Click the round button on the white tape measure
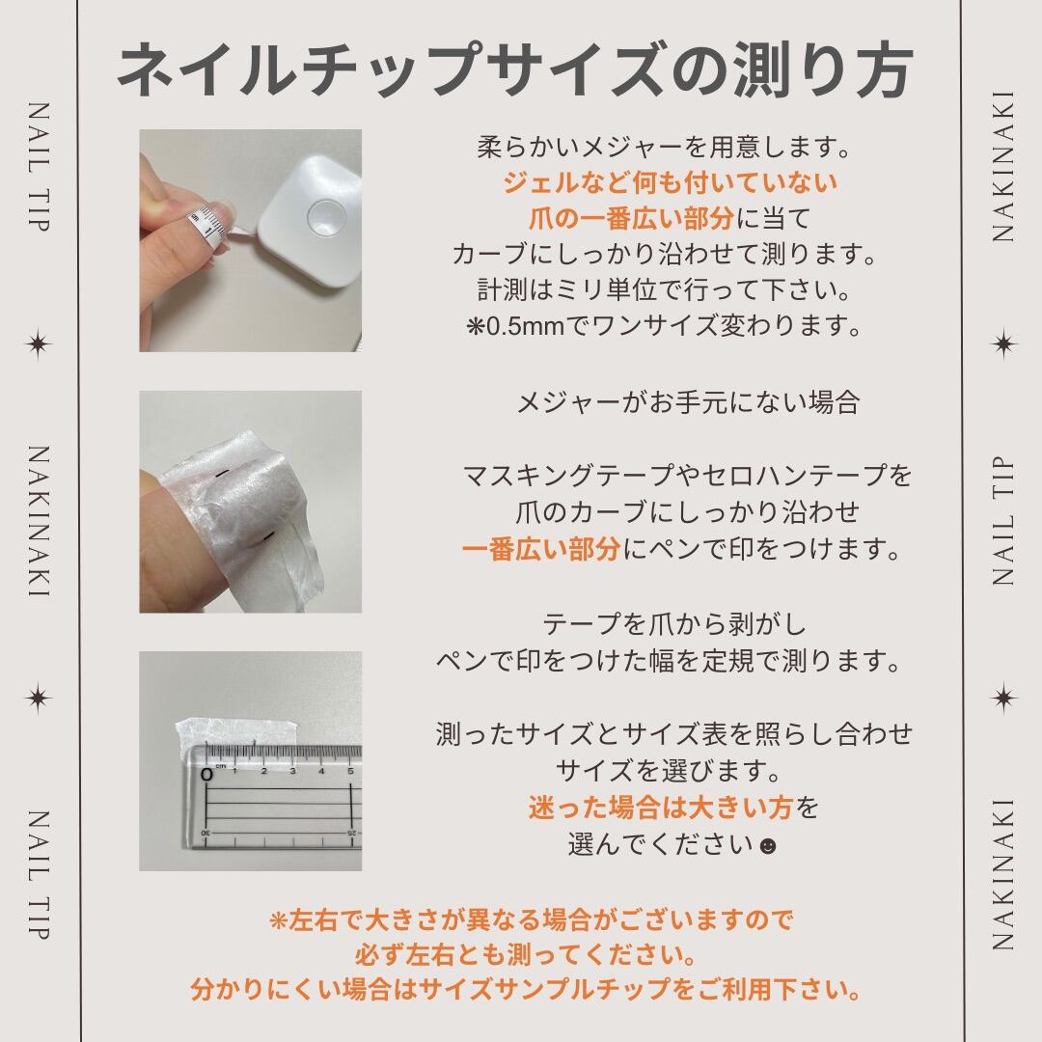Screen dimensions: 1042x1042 tap(326, 218)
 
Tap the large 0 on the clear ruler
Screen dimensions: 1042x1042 tap(207, 774)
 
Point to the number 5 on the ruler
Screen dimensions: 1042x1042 tap(350, 771)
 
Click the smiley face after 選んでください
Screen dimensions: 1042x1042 tap(768, 846)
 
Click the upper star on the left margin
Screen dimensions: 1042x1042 tap(38, 344)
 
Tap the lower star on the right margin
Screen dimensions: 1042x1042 tap(1003, 698)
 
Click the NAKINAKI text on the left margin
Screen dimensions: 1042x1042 tap(39, 522)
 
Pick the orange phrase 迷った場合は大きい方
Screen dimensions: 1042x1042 tap(661, 808)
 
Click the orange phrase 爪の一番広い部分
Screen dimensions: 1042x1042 tap(632, 218)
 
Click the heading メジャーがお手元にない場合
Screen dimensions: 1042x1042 tap(689, 402)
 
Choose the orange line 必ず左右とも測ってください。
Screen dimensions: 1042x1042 tap(526, 955)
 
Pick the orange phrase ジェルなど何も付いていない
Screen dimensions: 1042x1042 tap(670, 182)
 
